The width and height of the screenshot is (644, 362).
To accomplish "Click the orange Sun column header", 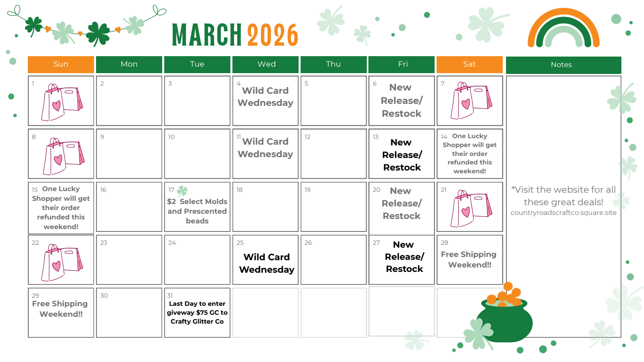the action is (x=61, y=65).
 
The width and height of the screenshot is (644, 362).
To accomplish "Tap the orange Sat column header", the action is (x=470, y=65).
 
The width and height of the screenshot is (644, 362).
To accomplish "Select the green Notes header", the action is (x=563, y=65).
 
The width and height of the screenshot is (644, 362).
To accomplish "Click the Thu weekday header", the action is (x=333, y=65).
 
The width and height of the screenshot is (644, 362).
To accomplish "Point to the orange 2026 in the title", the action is (x=272, y=35).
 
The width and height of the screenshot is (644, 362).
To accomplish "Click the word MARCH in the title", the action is (x=207, y=35).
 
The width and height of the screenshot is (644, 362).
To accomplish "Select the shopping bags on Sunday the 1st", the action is (x=62, y=102).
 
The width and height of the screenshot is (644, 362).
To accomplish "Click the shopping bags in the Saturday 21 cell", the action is (x=471, y=208).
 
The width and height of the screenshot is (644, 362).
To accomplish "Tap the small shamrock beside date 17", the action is (x=182, y=191).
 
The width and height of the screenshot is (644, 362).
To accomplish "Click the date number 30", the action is (x=104, y=296).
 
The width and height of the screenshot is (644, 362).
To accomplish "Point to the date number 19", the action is (x=307, y=190).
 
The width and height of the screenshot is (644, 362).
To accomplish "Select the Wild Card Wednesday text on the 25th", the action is (x=266, y=263).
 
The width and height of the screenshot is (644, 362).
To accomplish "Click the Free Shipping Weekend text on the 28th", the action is (x=469, y=259).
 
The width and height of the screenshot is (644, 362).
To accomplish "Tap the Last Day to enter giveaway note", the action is (x=197, y=312).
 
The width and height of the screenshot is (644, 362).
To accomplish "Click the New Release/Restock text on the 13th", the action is (x=402, y=155).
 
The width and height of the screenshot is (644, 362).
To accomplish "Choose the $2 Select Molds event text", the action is (x=197, y=211).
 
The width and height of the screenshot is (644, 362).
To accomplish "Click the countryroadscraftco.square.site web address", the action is (x=563, y=213).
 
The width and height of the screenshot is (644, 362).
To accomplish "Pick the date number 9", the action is (x=102, y=137).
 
